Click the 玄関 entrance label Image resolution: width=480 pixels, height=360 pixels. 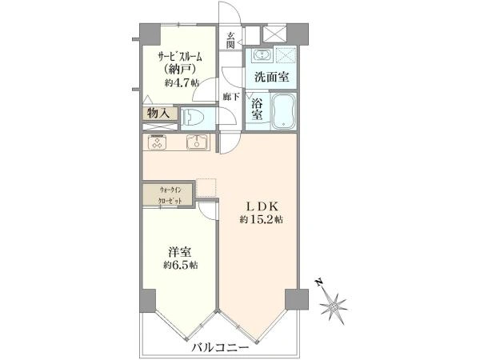pyautogui.click(x=230, y=41)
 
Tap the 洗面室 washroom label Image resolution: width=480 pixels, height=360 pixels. pyautogui.click(x=272, y=77)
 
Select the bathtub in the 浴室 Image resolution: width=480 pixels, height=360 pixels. pyautogui.click(x=284, y=111)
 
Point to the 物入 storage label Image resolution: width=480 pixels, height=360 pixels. pyautogui.click(x=158, y=114)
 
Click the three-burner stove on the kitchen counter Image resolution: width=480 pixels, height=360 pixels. pyautogui.click(x=157, y=142)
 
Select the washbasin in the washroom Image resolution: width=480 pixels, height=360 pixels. pyautogui.click(x=262, y=55)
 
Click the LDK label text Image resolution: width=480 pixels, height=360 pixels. pyautogui.click(x=262, y=207)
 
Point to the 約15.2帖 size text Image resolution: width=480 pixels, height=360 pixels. pyautogui.click(x=261, y=219)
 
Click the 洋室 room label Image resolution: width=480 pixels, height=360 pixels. pyautogui.click(x=180, y=252)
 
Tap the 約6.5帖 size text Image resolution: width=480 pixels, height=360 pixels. pyautogui.click(x=180, y=265)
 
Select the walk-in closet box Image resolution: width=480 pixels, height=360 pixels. pyautogui.click(x=168, y=194)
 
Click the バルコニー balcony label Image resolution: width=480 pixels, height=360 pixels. pyautogui.click(x=221, y=348)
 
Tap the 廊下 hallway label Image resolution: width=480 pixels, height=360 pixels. pyautogui.click(x=231, y=97)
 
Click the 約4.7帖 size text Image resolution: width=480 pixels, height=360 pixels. pyautogui.click(x=182, y=82)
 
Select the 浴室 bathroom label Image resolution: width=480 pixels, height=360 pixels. pyautogui.click(x=257, y=109)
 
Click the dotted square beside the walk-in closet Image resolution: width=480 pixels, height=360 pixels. pyautogui.click(x=206, y=188)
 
